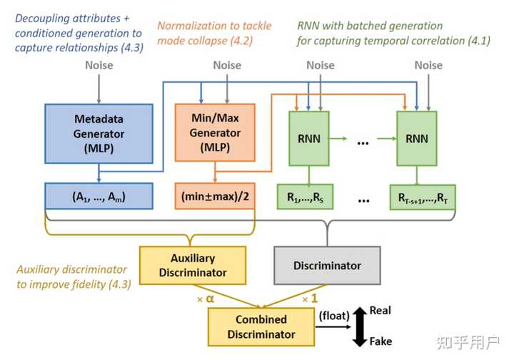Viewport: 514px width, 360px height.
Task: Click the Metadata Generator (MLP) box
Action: [x=99, y=134]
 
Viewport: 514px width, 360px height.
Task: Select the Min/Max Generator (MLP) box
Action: [x=214, y=134]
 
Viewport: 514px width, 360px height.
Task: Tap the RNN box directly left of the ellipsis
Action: [x=308, y=140]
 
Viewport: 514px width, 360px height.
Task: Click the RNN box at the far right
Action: [x=416, y=140]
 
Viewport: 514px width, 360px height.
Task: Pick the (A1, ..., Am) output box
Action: [x=99, y=196]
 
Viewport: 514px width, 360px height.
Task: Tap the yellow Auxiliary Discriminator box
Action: [x=193, y=264]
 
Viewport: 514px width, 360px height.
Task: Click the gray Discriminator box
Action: [x=327, y=265]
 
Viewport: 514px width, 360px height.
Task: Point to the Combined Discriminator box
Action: [x=261, y=326]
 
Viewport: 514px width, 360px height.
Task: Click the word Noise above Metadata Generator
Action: [x=99, y=65]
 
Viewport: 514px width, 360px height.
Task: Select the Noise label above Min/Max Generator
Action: [x=227, y=65]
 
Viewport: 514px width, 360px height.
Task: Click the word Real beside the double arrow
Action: [x=381, y=311]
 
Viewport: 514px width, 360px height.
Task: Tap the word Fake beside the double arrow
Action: [x=381, y=341]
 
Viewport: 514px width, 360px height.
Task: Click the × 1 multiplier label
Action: [x=310, y=298]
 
